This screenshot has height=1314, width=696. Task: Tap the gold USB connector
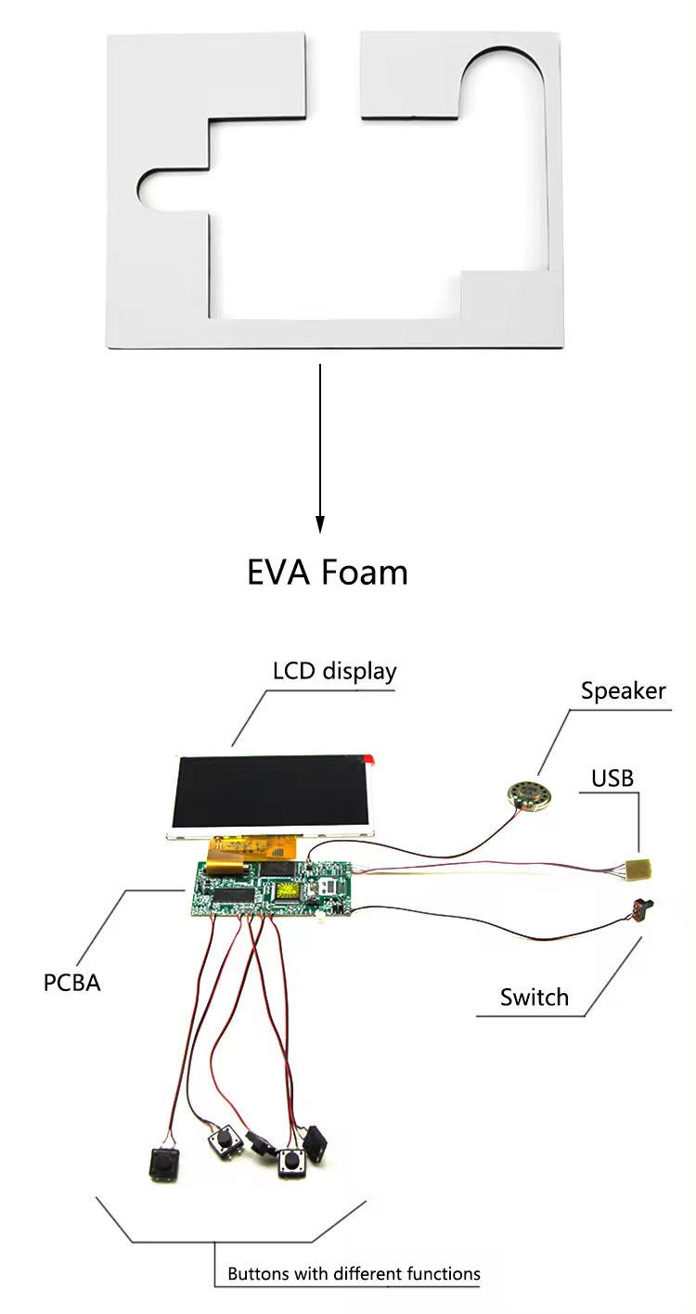point(638,870)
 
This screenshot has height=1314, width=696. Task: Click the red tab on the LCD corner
point(371,760)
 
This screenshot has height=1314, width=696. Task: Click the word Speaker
point(623,691)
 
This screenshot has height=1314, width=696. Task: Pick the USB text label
point(612,777)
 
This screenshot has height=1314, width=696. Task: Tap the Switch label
point(534,998)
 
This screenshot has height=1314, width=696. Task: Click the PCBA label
point(71,982)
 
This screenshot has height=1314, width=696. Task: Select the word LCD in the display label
point(294,671)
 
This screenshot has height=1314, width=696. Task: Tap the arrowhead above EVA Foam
point(320,524)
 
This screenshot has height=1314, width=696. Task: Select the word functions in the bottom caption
point(444,1273)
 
